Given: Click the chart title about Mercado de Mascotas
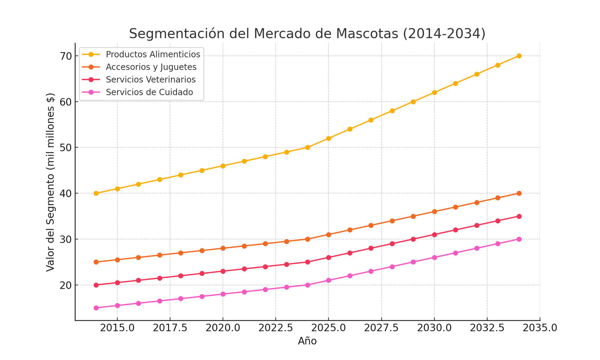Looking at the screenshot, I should pos(307,33).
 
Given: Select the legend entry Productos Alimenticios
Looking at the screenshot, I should pos(153,54).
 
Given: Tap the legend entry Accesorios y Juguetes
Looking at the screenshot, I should pos(151,67).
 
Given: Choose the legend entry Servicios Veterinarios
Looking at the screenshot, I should pos(150,80).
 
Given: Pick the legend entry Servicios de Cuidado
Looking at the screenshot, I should pos(149,92).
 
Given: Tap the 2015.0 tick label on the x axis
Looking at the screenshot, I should pos(117,328).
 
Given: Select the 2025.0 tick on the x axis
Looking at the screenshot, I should pos(328,328).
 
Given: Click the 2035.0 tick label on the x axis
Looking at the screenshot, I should pos(540,328).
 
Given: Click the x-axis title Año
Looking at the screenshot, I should pos(307,341).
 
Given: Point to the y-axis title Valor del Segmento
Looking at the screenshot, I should pos(50,182).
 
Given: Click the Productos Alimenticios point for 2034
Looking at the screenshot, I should pos(519,56).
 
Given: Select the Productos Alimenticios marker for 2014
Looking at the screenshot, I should pos(96,193).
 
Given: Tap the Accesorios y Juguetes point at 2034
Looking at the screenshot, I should pos(519,193).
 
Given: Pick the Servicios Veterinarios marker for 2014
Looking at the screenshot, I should pos(96,285).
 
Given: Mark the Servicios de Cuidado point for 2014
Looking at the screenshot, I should pos(96,308).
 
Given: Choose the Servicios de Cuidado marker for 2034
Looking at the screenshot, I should pos(519,239).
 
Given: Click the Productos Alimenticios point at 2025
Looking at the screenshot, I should pos(328,138).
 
